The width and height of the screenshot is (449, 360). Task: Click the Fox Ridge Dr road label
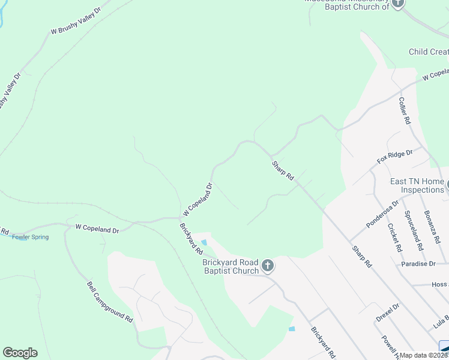tap(395, 157)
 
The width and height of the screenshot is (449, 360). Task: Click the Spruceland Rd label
tap(414, 229)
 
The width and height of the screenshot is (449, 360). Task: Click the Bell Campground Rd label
tap(110, 302)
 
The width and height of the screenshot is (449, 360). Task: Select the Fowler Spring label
tap(30, 237)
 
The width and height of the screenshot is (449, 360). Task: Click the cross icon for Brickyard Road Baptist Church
tap(268, 264)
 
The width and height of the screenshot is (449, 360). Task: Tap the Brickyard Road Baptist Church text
tap(231, 267)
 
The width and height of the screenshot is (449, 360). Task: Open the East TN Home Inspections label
tap(417, 186)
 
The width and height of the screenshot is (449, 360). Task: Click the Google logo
tap(20, 353)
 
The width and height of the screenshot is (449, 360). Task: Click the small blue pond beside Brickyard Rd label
tap(204, 242)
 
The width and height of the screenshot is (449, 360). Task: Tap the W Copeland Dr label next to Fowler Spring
tap(97, 229)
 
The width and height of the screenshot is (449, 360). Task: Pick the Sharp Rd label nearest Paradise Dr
tap(363, 256)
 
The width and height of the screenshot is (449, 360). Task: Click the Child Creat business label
tap(429, 52)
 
